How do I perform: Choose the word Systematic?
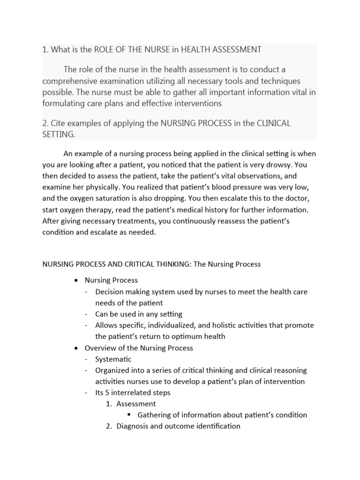click(x=113, y=359)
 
